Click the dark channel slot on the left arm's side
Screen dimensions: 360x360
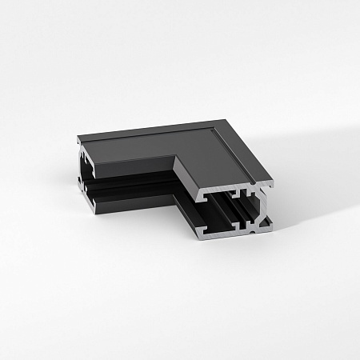tap(132, 192)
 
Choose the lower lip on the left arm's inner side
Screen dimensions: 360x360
tap(136, 206)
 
